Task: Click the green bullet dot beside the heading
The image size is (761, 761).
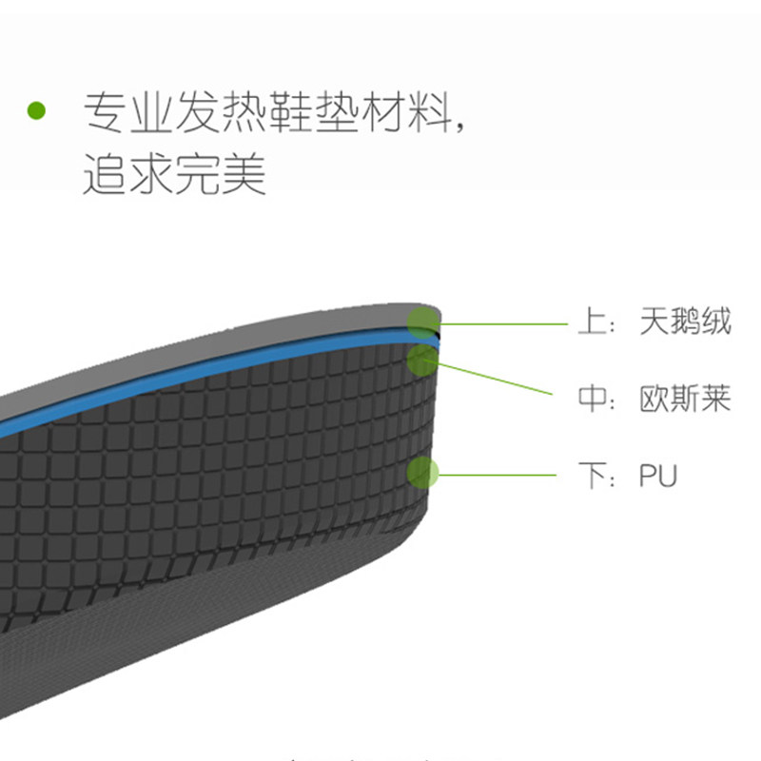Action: tap(36, 110)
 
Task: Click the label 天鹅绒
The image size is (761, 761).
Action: tap(685, 322)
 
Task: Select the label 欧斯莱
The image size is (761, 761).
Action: tap(685, 398)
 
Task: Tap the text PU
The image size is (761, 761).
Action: tap(657, 475)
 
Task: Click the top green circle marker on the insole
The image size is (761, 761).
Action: tap(422, 323)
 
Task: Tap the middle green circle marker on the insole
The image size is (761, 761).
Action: tap(422, 360)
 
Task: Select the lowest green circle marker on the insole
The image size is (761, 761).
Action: tap(422, 473)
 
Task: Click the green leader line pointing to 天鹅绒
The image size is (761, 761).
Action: tap(504, 323)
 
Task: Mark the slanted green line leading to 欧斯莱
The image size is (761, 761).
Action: tap(495, 378)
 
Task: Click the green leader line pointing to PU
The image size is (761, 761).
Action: tap(495, 473)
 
